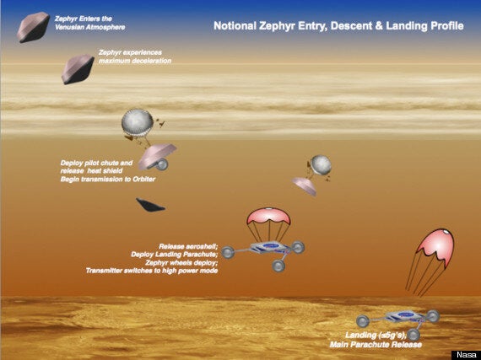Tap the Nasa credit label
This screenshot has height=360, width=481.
point(467,355)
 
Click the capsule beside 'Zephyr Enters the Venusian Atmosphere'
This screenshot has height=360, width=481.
point(33,27)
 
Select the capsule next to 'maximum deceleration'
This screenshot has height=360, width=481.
point(78,69)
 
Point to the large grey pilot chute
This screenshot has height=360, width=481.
point(137,121)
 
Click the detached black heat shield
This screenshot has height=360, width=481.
point(150,205)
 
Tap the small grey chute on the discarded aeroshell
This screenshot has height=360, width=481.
point(321,164)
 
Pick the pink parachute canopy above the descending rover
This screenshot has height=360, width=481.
point(268,216)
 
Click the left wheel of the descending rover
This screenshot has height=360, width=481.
point(228,252)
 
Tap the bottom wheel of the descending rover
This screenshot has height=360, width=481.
point(278,266)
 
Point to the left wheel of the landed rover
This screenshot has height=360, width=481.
point(363,321)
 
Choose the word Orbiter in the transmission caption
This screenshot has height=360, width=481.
point(143,179)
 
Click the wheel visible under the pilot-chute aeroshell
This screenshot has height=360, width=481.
point(161,164)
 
